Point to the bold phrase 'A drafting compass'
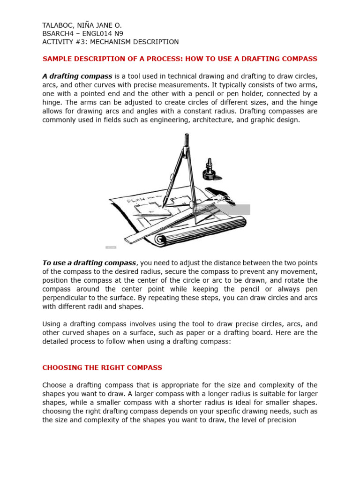click(x=77, y=76)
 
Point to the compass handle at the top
click(x=187, y=139)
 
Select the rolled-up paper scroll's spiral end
click(x=159, y=240)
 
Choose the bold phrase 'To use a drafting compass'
click(x=89, y=263)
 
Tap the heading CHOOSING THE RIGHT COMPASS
click(x=102, y=367)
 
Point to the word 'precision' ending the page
click(x=279, y=420)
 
